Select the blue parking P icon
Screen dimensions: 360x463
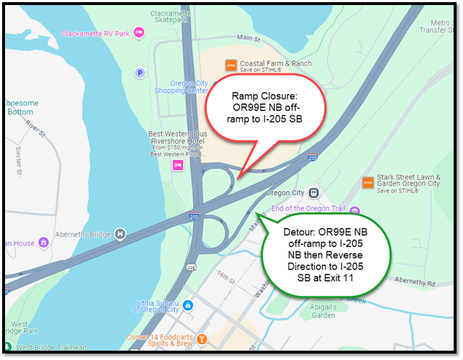click(x=140, y=73)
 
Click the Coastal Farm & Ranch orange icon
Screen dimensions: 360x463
click(x=231, y=65)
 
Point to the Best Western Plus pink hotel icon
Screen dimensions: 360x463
click(x=178, y=165)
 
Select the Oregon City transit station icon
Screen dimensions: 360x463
click(x=313, y=193)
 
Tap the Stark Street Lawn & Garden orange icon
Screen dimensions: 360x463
click(x=368, y=183)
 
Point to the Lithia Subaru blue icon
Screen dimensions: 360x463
click(x=187, y=305)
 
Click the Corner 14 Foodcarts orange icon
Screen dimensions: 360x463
click(x=202, y=338)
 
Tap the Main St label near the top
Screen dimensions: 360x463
click(x=247, y=37)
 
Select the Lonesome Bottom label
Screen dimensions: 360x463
click(x=19, y=108)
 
